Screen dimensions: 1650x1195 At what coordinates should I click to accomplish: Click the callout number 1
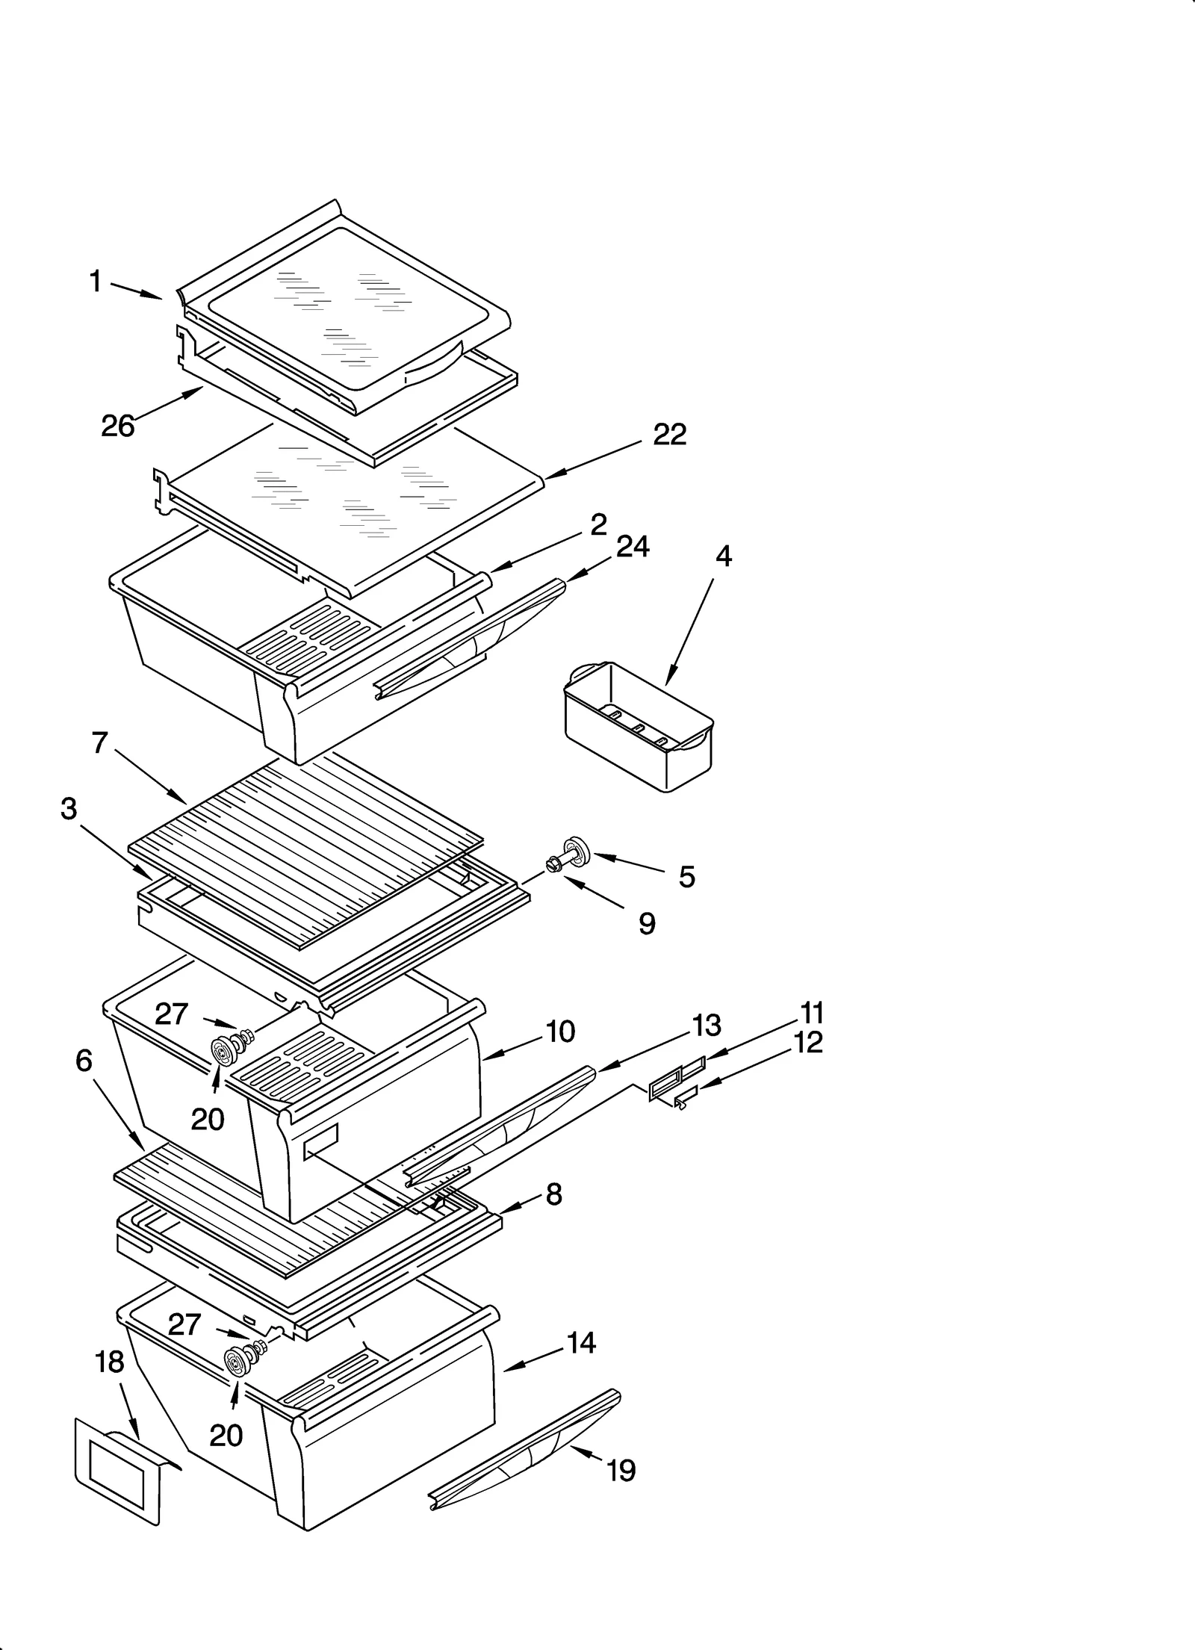(95, 282)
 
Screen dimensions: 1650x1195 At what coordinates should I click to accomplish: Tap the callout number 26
(117, 427)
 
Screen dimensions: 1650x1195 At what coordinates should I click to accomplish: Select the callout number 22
(669, 434)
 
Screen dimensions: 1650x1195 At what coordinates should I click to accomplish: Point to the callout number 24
(633, 547)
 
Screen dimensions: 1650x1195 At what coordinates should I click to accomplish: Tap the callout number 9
(647, 924)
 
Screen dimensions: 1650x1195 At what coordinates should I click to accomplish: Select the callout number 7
(100, 743)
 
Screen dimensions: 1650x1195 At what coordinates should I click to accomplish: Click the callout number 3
(69, 808)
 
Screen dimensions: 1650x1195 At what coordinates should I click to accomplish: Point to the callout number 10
(560, 1032)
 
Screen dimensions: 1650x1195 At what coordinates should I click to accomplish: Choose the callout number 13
(706, 1026)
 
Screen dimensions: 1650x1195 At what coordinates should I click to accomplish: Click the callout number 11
(812, 1013)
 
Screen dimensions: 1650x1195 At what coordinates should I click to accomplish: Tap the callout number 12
(807, 1043)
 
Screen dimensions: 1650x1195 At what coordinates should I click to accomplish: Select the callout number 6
(84, 1060)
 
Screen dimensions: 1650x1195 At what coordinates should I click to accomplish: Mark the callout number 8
(553, 1194)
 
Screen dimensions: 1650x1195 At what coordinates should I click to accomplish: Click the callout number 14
(581, 1343)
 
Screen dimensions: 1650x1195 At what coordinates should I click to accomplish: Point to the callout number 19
(621, 1471)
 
